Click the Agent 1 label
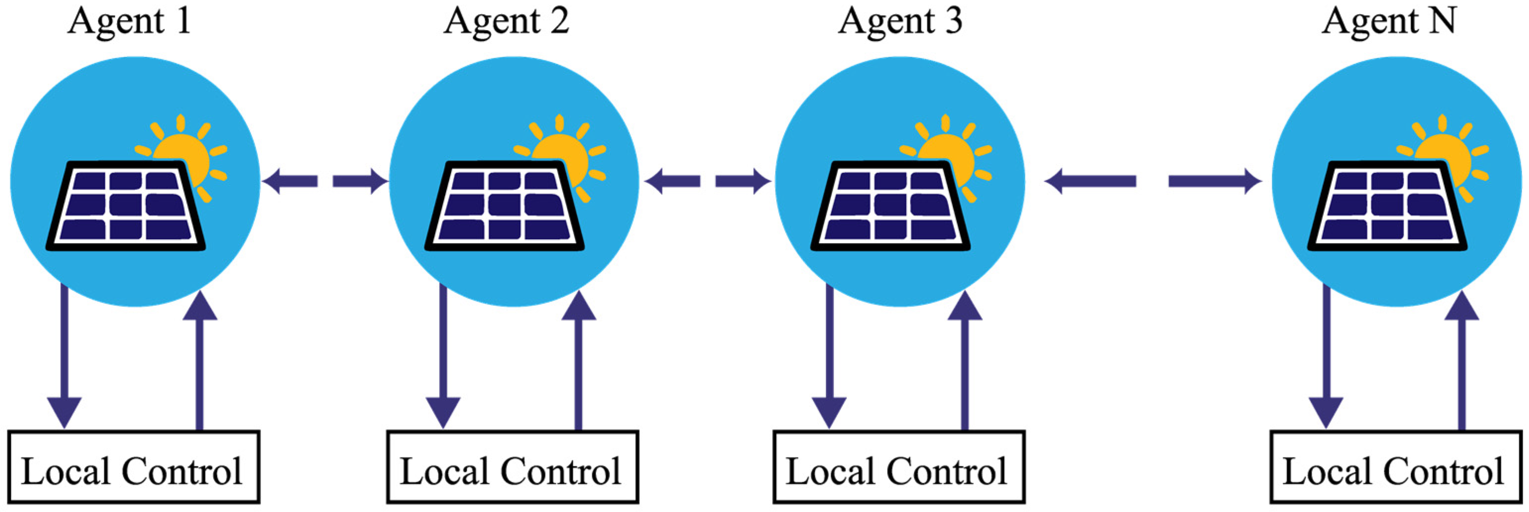129,21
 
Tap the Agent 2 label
507,21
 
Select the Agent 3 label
900,21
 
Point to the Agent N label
1389,21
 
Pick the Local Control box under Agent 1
133,467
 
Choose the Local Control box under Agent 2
512,467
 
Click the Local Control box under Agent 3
899,467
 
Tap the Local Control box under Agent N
1396,467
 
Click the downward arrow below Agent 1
64,356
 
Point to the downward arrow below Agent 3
829,356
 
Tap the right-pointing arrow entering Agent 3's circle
742,181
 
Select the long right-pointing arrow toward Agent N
1214,181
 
